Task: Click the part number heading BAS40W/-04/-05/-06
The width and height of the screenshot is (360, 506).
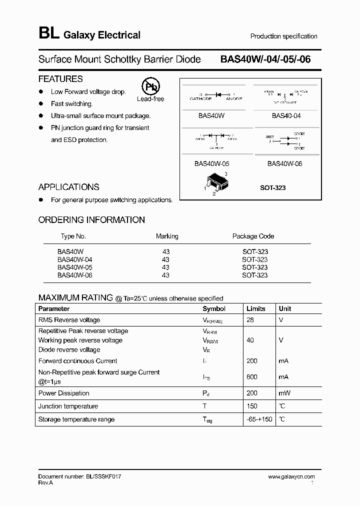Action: click(265, 59)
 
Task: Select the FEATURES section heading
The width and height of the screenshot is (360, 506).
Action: click(60, 79)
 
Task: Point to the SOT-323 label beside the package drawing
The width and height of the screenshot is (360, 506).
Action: click(272, 187)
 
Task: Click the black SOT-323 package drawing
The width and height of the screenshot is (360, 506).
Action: click(215, 182)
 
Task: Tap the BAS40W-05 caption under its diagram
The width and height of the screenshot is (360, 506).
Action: click(211, 163)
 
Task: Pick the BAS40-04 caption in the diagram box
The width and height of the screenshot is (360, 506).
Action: click(286, 115)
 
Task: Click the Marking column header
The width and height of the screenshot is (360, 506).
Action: click(167, 236)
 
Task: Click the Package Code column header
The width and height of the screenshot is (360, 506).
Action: click(253, 236)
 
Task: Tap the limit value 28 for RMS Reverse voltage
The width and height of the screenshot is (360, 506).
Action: click(250, 320)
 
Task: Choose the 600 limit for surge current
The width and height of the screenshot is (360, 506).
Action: click(252, 377)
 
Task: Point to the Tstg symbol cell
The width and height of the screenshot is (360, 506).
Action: click(207, 420)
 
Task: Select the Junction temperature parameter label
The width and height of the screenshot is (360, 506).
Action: click(68, 406)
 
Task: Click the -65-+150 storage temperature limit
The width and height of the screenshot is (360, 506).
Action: click(259, 419)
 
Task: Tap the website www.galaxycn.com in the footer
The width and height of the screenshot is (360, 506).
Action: click(291, 477)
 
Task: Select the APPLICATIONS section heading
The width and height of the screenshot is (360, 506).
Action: click(69, 187)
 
